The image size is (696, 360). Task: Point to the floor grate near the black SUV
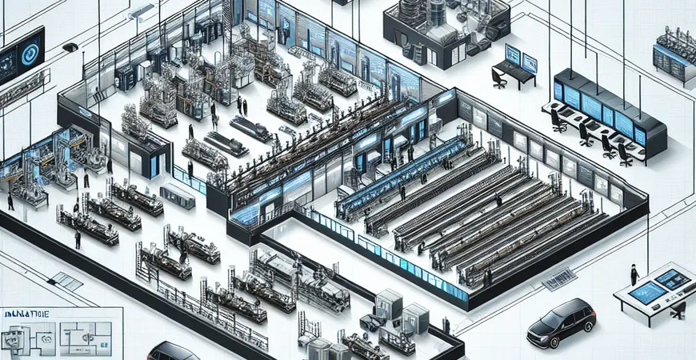(560, 277)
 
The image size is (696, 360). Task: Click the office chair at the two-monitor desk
(499, 78)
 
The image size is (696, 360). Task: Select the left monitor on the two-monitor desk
(512, 56)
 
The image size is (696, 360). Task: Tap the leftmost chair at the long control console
(558, 120)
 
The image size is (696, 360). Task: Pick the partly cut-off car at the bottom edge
(173, 352)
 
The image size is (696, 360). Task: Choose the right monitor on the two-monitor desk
(530, 62)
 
